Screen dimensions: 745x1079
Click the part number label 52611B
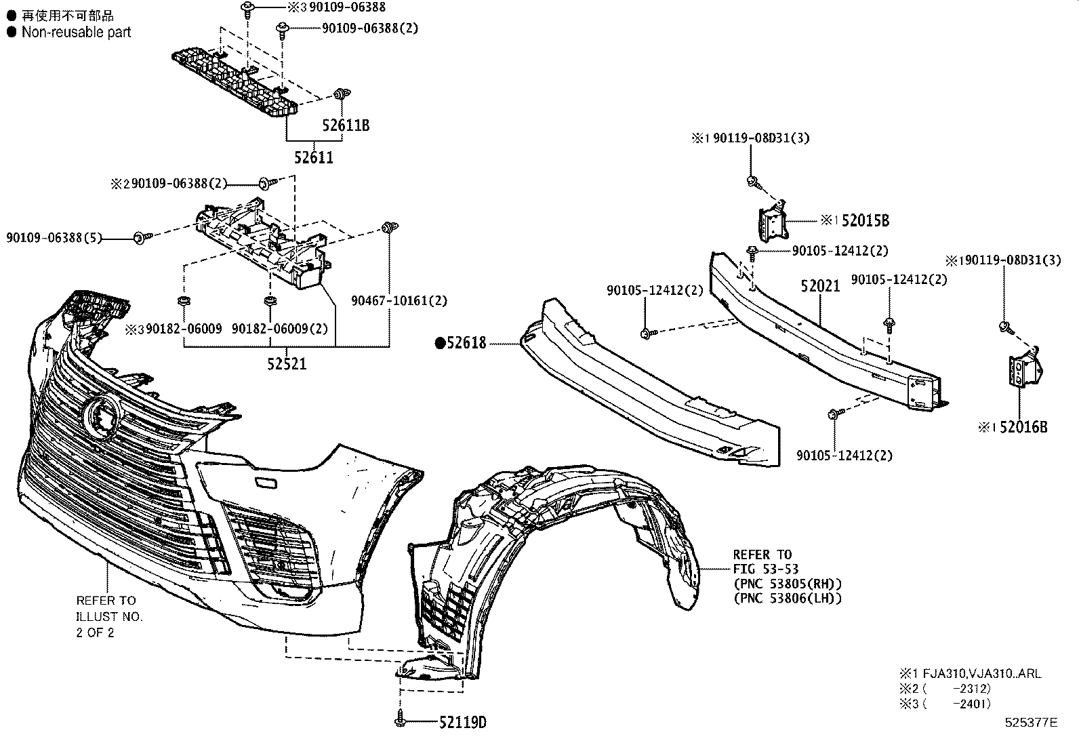(346, 125)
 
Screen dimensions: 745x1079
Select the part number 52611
(314, 157)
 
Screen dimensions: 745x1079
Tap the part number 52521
(287, 364)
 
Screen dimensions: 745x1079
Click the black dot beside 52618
(439, 344)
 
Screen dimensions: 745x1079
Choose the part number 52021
(819, 286)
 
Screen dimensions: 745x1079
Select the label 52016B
(1023, 427)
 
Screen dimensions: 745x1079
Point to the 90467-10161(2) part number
(399, 300)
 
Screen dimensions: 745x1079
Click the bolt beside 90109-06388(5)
(139, 237)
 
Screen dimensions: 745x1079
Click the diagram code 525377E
(1031, 722)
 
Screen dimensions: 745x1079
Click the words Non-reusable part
(76, 32)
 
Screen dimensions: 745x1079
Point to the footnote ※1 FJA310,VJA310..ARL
(970, 674)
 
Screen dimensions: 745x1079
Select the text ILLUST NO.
(109, 616)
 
